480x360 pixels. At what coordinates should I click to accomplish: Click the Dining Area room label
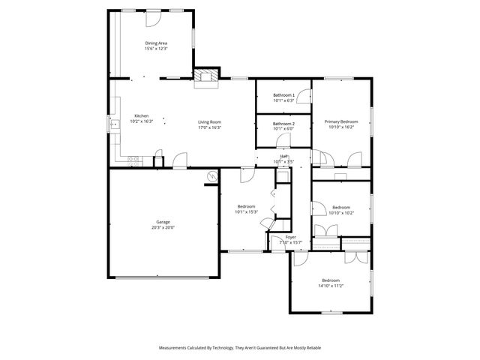coord(156,43)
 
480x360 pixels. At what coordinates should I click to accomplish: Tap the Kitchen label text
coord(141,115)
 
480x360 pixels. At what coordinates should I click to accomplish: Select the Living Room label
coord(209,121)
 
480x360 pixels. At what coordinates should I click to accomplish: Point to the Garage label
coord(163,222)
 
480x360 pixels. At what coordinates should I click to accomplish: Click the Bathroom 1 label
coord(283,95)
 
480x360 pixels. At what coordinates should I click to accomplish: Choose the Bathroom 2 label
coord(283,123)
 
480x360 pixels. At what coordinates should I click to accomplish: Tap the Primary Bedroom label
coord(341,121)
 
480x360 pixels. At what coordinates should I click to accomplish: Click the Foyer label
coord(290,237)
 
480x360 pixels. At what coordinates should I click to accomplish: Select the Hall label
coord(285,156)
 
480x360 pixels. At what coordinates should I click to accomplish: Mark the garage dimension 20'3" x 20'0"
coord(163,227)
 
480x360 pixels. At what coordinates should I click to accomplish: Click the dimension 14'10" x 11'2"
coord(330,286)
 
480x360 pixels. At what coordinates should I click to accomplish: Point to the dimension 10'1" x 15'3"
coord(247,211)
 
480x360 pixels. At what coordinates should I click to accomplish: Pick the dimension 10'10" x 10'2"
coord(341,212)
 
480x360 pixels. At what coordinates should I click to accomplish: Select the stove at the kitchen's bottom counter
coord(133,159)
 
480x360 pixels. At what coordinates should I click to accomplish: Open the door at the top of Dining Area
coord(155,18)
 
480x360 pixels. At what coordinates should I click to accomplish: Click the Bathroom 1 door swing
coord(301,95)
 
